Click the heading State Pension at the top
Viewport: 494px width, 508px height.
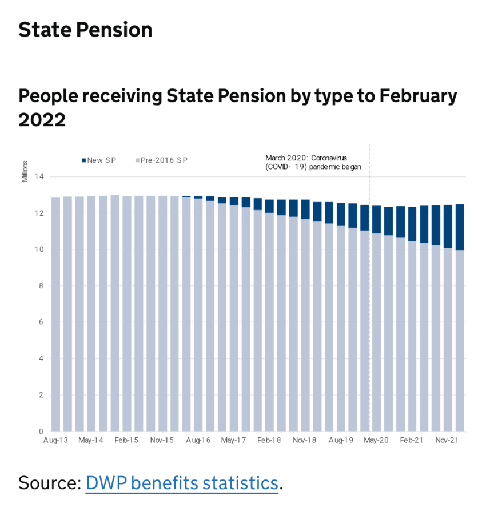pyautogui.click(x=85, y=30)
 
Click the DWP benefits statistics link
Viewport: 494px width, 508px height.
pyautogui.click(x=182, y=483)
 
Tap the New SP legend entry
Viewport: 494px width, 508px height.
pyautogui.click(x=99, y=160)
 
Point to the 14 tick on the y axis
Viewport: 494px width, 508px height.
pyautogui.click(x=39, y=176)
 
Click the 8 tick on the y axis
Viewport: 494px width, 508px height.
pyautogui.click(x=41, y=286)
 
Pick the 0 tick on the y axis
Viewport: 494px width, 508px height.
pyautogui.click(x=41, y=432)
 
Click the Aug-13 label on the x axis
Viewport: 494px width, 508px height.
pyautogui.click(x=55, y=441)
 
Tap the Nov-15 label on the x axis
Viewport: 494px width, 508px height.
pyautogui.click(x=162, y=441)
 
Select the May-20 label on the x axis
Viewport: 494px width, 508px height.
pyautogui.click(x=376, y=441)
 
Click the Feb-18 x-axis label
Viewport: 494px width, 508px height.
pyautogui.click(x=269, y=441)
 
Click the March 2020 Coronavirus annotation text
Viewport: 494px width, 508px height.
pyautogui.click(x=314, y=162)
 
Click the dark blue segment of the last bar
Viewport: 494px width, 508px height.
pyautogui.click(x=459, y=227)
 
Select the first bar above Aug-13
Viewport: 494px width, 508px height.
pyautogui.click(x=55, y=314)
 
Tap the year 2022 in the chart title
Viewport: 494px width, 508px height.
pyautogui.click(x=42, y=120)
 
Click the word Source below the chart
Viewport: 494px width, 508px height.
pyautogui.click(x=49, y=483)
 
